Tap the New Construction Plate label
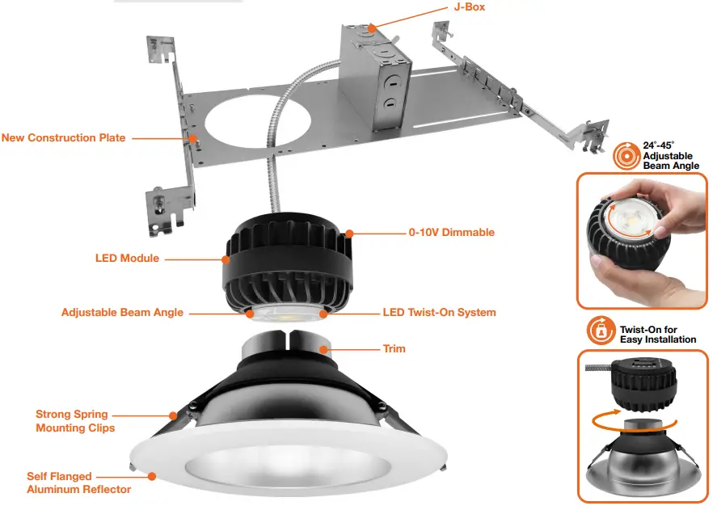(x=64, y=137)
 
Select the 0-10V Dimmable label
(x=451, y=233)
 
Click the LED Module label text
(x=127, y=259)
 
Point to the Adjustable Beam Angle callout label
(x=122, y=312)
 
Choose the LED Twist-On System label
(x=439, y=312)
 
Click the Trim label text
(x=394, y=349)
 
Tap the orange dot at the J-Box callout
(x=371, y=29)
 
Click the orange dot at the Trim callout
(x=324, y=350)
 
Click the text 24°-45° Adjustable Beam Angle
(x=670, y=155)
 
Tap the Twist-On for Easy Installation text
(x=657, y=335)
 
